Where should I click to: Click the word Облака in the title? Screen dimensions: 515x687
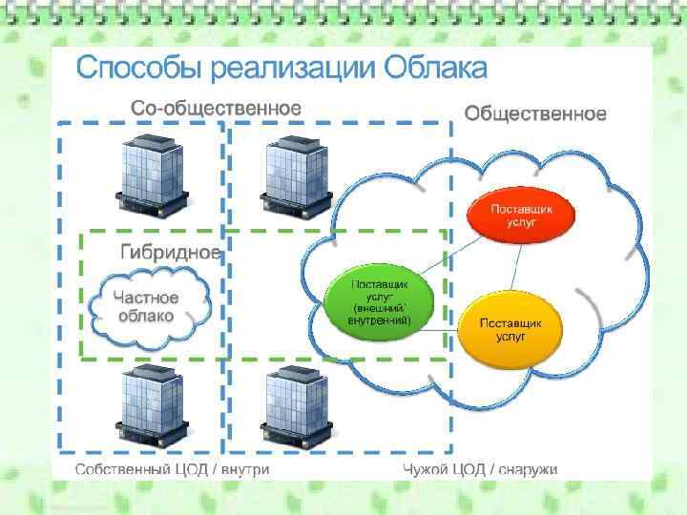435,69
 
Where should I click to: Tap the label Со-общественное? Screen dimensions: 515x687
216,108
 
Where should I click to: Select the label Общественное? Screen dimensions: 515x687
534,114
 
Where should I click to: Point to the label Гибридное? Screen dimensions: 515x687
170,252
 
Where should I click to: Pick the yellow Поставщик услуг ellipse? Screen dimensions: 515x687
510,329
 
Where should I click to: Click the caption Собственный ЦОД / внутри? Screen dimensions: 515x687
172,469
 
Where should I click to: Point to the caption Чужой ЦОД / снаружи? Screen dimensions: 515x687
480,469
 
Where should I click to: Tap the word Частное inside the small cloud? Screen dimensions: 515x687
146,298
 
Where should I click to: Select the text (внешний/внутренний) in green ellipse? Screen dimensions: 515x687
381,314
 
